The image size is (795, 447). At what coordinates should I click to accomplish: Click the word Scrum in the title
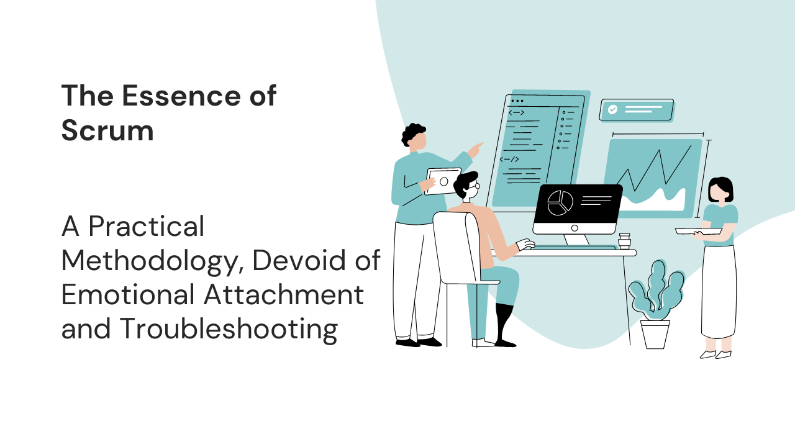point(107,130)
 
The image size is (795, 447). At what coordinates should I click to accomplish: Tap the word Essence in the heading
point(181,96)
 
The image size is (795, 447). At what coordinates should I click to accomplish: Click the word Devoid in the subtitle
point(300,260)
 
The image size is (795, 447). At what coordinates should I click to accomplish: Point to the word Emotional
point(128,294)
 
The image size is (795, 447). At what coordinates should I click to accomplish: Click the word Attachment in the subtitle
point(284,294)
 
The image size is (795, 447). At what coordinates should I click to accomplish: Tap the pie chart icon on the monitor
point(560,203)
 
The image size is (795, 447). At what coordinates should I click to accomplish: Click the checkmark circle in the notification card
point(612,109)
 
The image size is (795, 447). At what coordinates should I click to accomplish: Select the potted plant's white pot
point(655,334)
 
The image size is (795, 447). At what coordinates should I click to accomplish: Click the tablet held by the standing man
point(443,181)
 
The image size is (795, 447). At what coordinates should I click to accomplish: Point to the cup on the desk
point(624,241)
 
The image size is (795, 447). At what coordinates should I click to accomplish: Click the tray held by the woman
point(699,232)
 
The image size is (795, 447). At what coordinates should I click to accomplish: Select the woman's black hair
point(720,189)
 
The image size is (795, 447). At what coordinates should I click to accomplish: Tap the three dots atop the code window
point(517,101)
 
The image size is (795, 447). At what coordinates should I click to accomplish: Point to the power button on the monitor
point(575,228)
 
